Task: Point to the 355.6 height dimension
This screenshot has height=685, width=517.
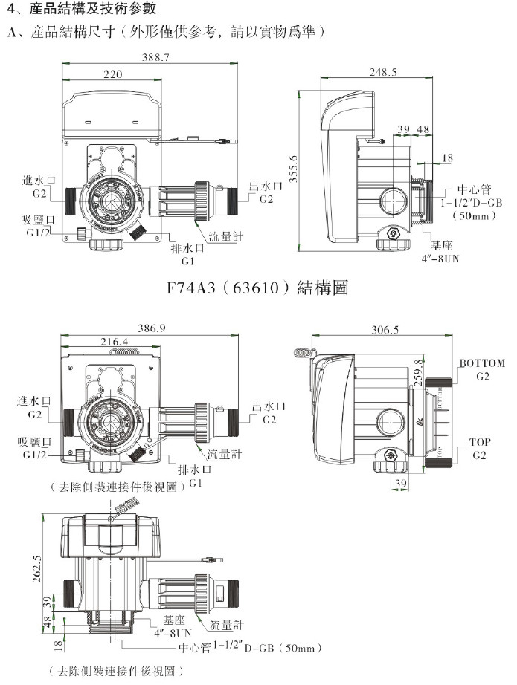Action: tap(293, 169)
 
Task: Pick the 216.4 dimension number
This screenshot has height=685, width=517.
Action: tap(113, 342)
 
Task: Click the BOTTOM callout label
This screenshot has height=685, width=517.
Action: tap(482, 363)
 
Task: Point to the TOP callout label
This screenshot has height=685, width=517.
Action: tap(480, 441)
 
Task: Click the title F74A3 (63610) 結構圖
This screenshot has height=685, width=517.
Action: tap(257, 287)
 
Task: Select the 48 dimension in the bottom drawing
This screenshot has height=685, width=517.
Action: tap(46, 623)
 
